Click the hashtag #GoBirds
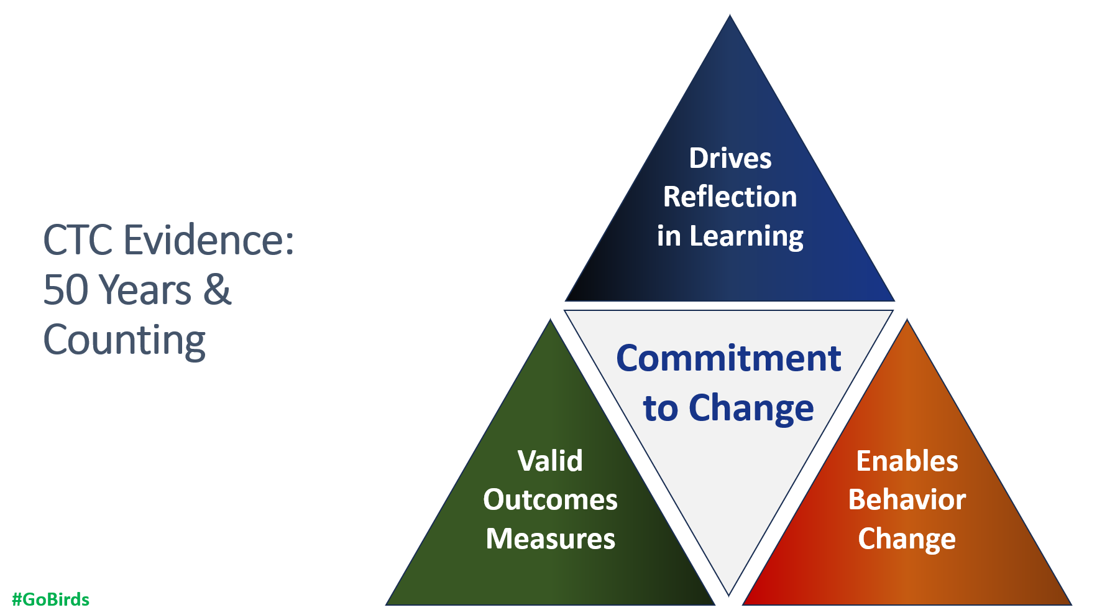(x=50, y=599)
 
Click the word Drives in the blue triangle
(x=730, y=159)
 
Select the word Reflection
(x=730, y=197)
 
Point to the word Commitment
(x=728, y=359)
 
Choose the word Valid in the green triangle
(x=550, y=461)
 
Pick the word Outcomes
(x=550, y=500)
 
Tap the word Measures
(x=550, y=539)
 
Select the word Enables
(x=907, y=461)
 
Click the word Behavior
(x=907, y=500)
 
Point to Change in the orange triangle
(x=907, y=539)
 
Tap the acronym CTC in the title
(x=78, y=240)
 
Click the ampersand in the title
(x=217, y=290)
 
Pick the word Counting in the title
(x=124, y=341)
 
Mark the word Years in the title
(x=145, y=290)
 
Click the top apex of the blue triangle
(x=730, y=17)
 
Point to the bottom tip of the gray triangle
(x=728, y=593)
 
